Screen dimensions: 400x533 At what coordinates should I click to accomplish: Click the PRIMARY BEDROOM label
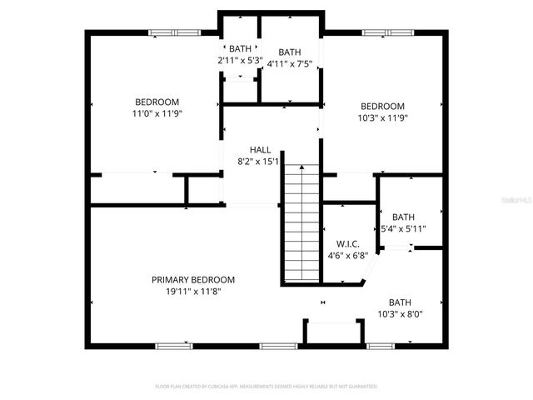click(x=192, y=280)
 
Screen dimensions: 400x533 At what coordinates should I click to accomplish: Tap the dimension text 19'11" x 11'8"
click(x=192, y=292)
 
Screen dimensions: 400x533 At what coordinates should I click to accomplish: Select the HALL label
click(x=260, y=150)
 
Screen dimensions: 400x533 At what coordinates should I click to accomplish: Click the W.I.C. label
click(x=348, y=243)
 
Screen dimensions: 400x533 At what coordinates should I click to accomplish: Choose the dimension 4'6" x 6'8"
click(x=348, y=256)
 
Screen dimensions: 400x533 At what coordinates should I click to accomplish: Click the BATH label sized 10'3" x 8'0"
click(x=400, y=302)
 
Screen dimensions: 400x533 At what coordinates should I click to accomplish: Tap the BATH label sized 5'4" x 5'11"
click(x=403, y=217)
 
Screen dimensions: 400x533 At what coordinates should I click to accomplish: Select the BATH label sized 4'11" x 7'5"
click(x=290, y=52)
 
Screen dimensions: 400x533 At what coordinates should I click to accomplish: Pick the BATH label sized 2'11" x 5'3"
click(x=240, y=49)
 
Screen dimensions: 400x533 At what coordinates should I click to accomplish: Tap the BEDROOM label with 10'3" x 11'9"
click(x=382, y=106)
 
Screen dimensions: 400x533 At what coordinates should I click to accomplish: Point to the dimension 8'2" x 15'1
click(x=260, y=162)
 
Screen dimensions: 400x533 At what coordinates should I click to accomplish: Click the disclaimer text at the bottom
click(x=266, y=387)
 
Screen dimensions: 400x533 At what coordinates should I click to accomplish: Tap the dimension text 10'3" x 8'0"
click(x=400, y=315)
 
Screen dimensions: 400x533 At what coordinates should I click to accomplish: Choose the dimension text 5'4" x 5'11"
click(x=403, y=228)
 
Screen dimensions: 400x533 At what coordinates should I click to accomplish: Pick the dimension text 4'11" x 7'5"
click(x=290, y=63)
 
